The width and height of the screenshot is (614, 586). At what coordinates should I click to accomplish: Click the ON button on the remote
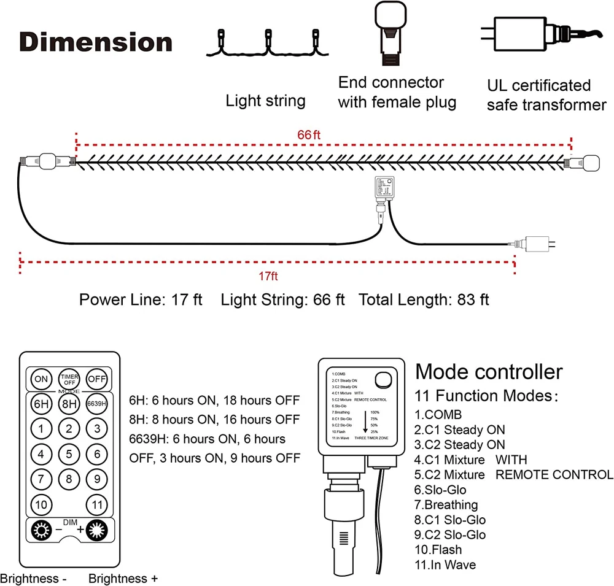[x=41, y=379]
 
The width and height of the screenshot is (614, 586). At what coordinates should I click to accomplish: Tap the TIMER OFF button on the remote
[x=69, y=379]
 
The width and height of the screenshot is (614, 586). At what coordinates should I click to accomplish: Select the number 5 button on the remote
[x=69, y=454]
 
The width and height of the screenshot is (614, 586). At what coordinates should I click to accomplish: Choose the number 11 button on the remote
[x=96, y=504]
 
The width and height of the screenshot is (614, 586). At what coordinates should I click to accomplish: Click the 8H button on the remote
[x=69, y=404]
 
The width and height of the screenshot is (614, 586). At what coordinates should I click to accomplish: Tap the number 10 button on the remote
[x=41, y=504]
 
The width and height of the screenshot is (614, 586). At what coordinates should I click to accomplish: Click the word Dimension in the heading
[x=96, y=42]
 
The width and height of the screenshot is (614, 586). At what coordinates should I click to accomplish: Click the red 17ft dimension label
[x=268, y=277]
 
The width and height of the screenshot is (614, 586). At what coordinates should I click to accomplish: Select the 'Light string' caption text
[x=265, y=101]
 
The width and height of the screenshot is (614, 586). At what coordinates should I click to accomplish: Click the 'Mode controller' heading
[x=489, y=372]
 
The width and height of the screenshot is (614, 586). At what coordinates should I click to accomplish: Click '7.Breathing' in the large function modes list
[x=446, y=505]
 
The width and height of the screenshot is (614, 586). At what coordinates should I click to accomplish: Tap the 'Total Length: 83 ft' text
[x=424, y=300]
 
